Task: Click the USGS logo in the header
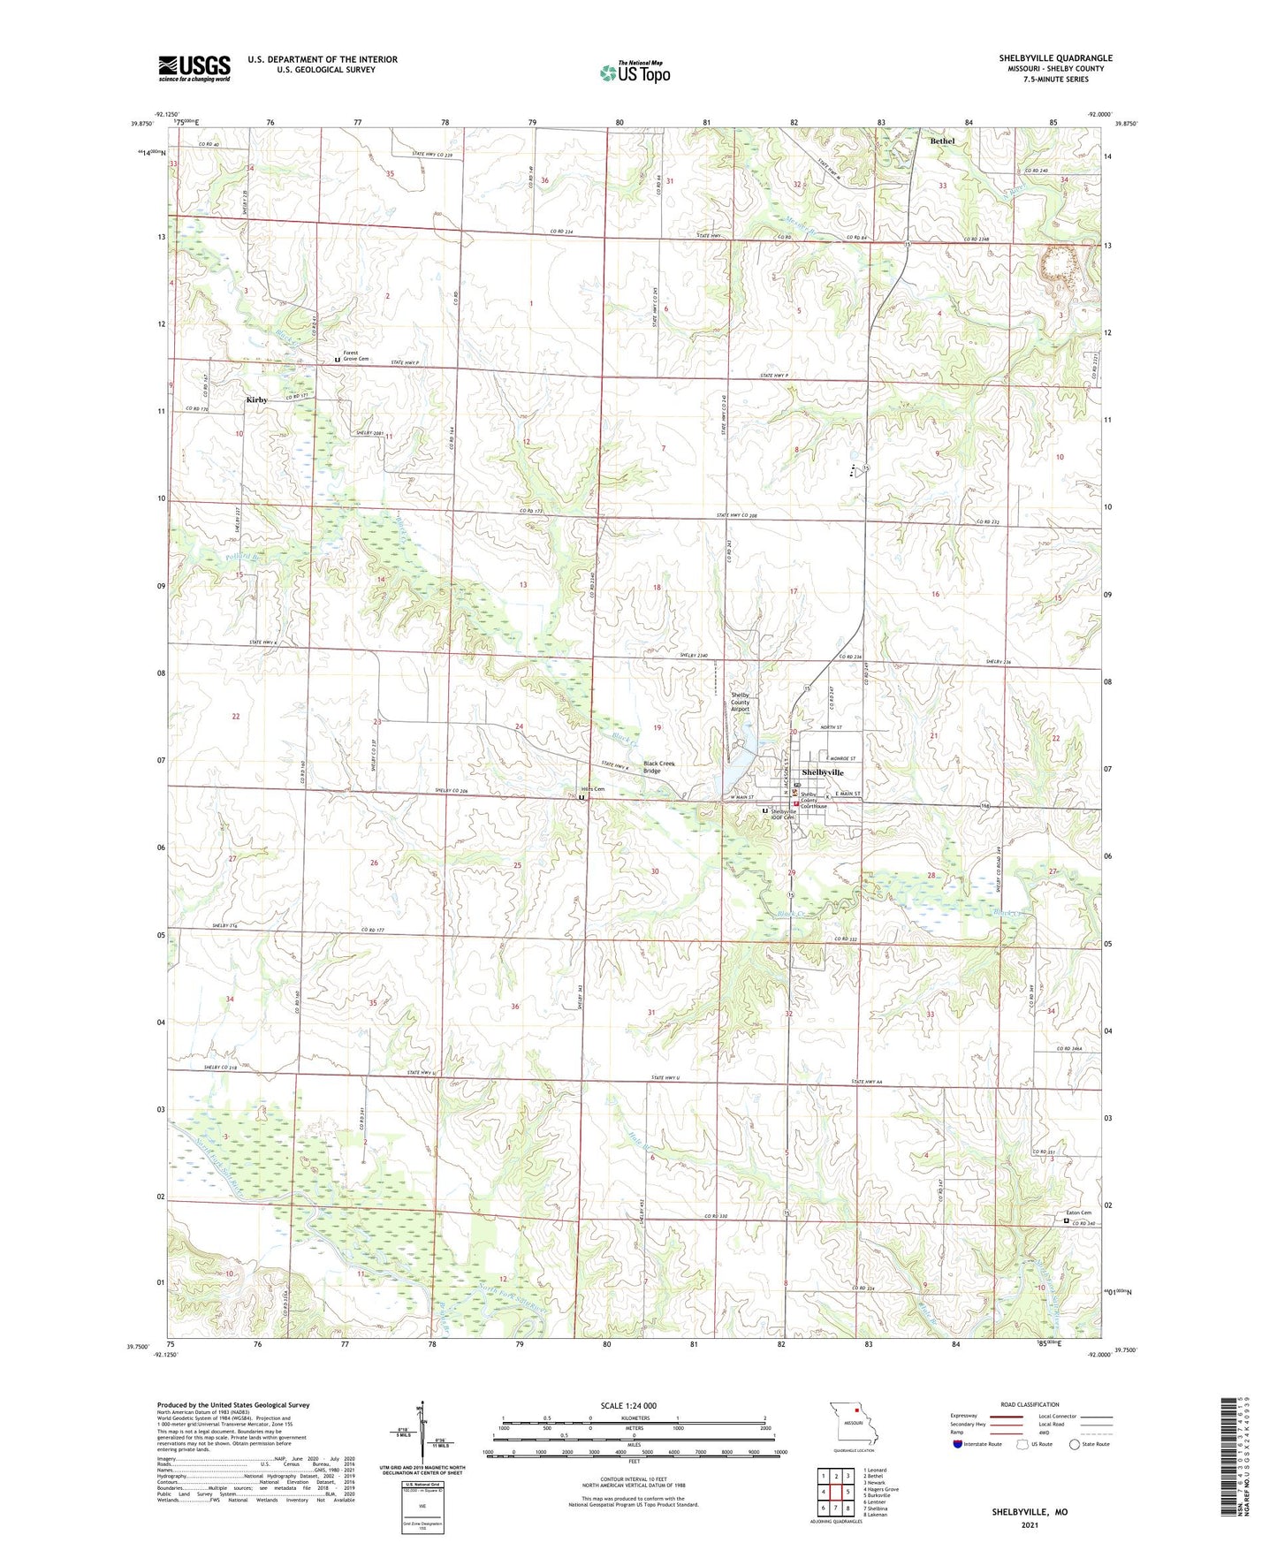(x=194, y=68)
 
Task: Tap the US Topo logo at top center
(x=635, y=72)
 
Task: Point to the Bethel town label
(x=942, y=141)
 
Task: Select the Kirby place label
(x=256, y=400)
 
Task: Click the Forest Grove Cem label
(x=355, y=356)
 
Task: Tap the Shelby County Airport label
(x=740, y=703)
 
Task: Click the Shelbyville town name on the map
(x=822, y=772)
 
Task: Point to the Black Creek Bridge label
(x=664, y=767)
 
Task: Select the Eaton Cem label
(x=1079, y=1212)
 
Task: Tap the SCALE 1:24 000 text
(x=628, y=1405)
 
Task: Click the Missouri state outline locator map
(x=853, y=1428)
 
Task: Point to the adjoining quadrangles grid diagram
(x=835, y=1494)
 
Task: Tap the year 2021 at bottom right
(x=1030, y=1524)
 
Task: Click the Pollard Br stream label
(x=245, y=558)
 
